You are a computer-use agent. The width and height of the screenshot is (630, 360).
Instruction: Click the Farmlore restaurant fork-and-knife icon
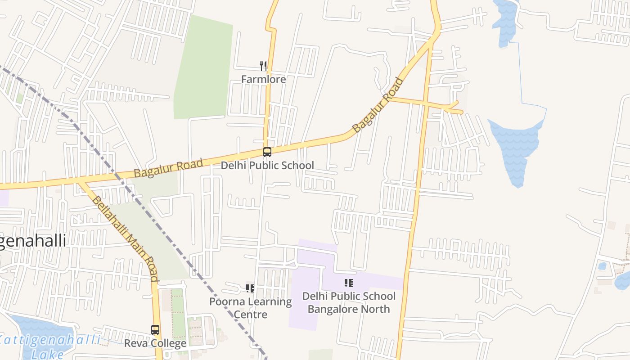[263, 66]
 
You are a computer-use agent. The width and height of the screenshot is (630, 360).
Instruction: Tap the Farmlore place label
[263, 80]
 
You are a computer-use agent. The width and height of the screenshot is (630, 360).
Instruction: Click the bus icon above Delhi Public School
[267, 152]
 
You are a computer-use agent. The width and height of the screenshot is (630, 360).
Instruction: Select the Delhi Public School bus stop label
[267, 166]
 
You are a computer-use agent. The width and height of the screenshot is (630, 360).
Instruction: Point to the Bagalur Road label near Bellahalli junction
[168, 167]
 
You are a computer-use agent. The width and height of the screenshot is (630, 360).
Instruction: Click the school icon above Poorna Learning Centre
[250, 288]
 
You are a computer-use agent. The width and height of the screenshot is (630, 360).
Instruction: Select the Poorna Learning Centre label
[250, 308]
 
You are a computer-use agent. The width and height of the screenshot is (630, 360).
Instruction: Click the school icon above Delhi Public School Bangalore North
[349, 283]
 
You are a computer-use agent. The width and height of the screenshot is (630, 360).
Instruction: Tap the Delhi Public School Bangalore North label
[349, 302]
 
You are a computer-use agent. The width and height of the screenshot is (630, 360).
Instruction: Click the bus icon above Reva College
[155, 330]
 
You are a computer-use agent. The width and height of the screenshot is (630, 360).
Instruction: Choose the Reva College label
[155, 343]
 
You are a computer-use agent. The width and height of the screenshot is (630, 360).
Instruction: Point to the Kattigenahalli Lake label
[49, 346]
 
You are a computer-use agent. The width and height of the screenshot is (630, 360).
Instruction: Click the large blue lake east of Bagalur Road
[517, 148]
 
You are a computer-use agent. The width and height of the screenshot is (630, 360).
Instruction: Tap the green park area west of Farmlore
[202, 72]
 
